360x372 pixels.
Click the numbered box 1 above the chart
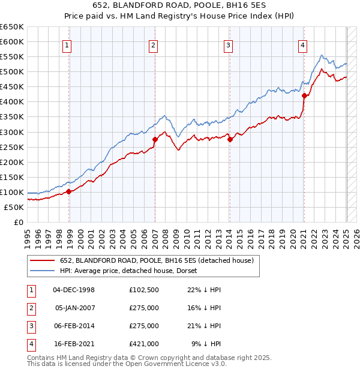(x=67, y=44)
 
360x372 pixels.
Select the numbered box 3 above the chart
(x=229, y=44)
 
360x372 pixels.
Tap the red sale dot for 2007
(x=155, y=139)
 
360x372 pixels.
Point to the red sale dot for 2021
(x=304, y=95)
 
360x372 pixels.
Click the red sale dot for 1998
(x=69, y=191)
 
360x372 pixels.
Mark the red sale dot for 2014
(x=230, y=139)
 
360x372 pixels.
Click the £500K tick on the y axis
(x=12, y=72)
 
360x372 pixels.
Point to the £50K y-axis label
(x=14, y=207)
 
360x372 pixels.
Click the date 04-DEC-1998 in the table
(x=74, y=290)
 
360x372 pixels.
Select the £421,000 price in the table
(x=143, y=344)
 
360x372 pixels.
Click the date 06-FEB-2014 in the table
(x=74, y=326)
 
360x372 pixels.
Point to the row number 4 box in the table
(x=29, y=344)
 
